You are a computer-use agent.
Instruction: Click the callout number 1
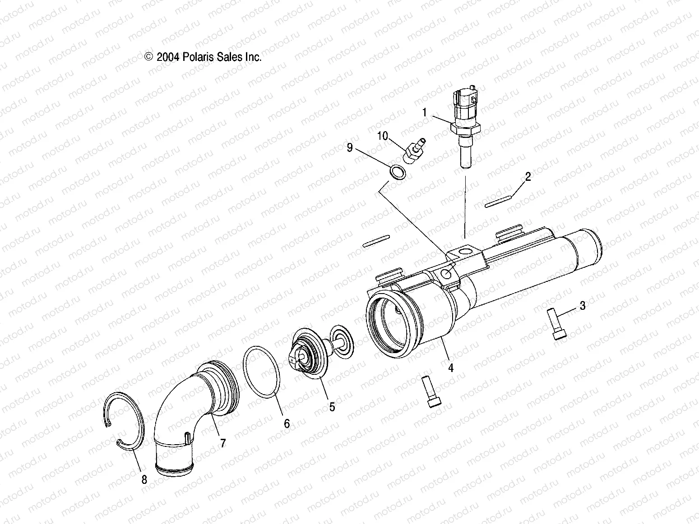click(x=424, y=112)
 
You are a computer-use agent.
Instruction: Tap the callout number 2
click(x=528, y=176)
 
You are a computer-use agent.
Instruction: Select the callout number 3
click(x=583, y=306)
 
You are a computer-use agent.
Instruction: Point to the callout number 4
click(x=450, y=368)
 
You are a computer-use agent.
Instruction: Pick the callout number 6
click(x=287, y=423)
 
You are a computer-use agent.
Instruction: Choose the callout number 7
click(x=222, y=443)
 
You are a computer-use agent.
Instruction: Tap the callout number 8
click(x=144, y=480)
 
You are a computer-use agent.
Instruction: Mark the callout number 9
click(x=349, y=148)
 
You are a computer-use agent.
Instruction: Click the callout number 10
click(x=383, y=136)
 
